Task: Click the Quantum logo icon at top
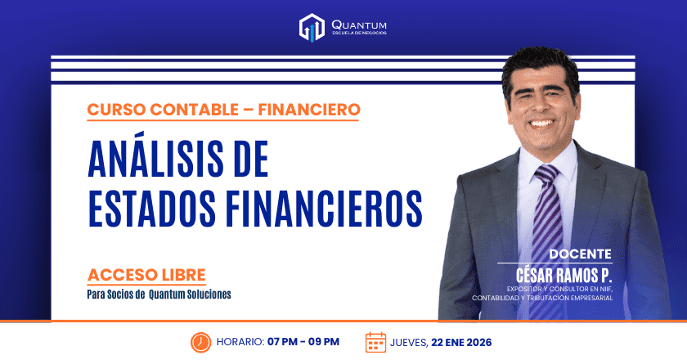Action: tap(312, 27)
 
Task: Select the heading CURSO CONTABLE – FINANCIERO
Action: tap(222, 108)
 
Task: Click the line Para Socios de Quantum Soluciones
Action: tap(159, 294)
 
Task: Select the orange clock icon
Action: tap(200, 341)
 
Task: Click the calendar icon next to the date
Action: tap(375, 341)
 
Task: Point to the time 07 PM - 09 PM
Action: tap(303, 342)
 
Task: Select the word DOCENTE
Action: tap(580, 254)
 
